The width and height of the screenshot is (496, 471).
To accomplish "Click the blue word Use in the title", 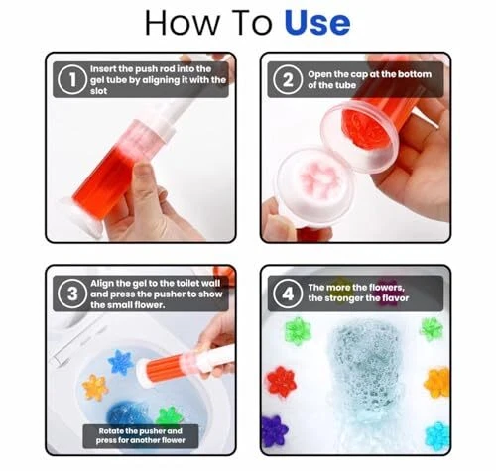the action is coord(317,23).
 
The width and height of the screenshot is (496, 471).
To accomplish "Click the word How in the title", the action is coord(183,23).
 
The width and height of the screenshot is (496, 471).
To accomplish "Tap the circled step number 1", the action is coord(72,80).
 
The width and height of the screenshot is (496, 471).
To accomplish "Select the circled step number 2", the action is coord(288,80).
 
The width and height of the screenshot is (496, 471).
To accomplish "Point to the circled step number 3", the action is coord(72,294).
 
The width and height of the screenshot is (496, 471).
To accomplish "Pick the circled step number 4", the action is coord(288,294).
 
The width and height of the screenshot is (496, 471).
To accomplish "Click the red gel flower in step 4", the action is coord(282,383).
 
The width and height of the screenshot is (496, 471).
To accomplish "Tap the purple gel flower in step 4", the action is coord(274,431).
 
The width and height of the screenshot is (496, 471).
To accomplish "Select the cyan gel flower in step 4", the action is coord(437,436).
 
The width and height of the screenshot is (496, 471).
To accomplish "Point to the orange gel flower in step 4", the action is coord(437,383).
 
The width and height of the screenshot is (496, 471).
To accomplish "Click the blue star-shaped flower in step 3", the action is coord(121,362).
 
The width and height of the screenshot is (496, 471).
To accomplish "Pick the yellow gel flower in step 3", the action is coord(95,388).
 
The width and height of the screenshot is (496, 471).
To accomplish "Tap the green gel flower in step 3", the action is coord(169,417).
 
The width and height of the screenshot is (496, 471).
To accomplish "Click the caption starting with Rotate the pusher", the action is coord(141,436).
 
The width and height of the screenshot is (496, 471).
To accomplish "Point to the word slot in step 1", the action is coord(98,91).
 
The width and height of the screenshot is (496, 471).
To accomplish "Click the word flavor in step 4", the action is coord(395,298).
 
